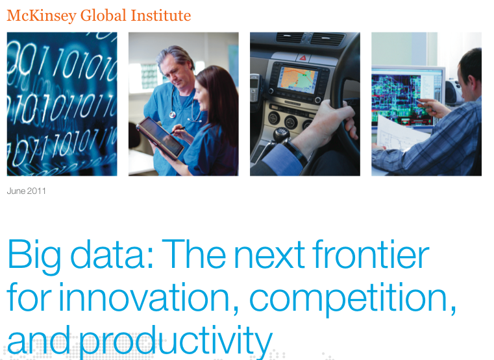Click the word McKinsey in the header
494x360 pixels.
click(x=42, y=16)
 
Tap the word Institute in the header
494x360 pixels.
click(x=161, y=16)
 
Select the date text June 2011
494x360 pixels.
click(x=27, y=191)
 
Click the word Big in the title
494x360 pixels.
click(x=34, y=257)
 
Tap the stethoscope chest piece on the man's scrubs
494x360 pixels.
click(x=172, y=115)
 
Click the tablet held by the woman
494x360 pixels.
click(x=160, y=138)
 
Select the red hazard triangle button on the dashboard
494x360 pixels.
click(x=303, y=58)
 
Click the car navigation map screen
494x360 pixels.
click(x=297, y=80)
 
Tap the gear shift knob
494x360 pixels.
click(x=281, y=135)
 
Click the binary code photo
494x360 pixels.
click(x=62, y=104)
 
